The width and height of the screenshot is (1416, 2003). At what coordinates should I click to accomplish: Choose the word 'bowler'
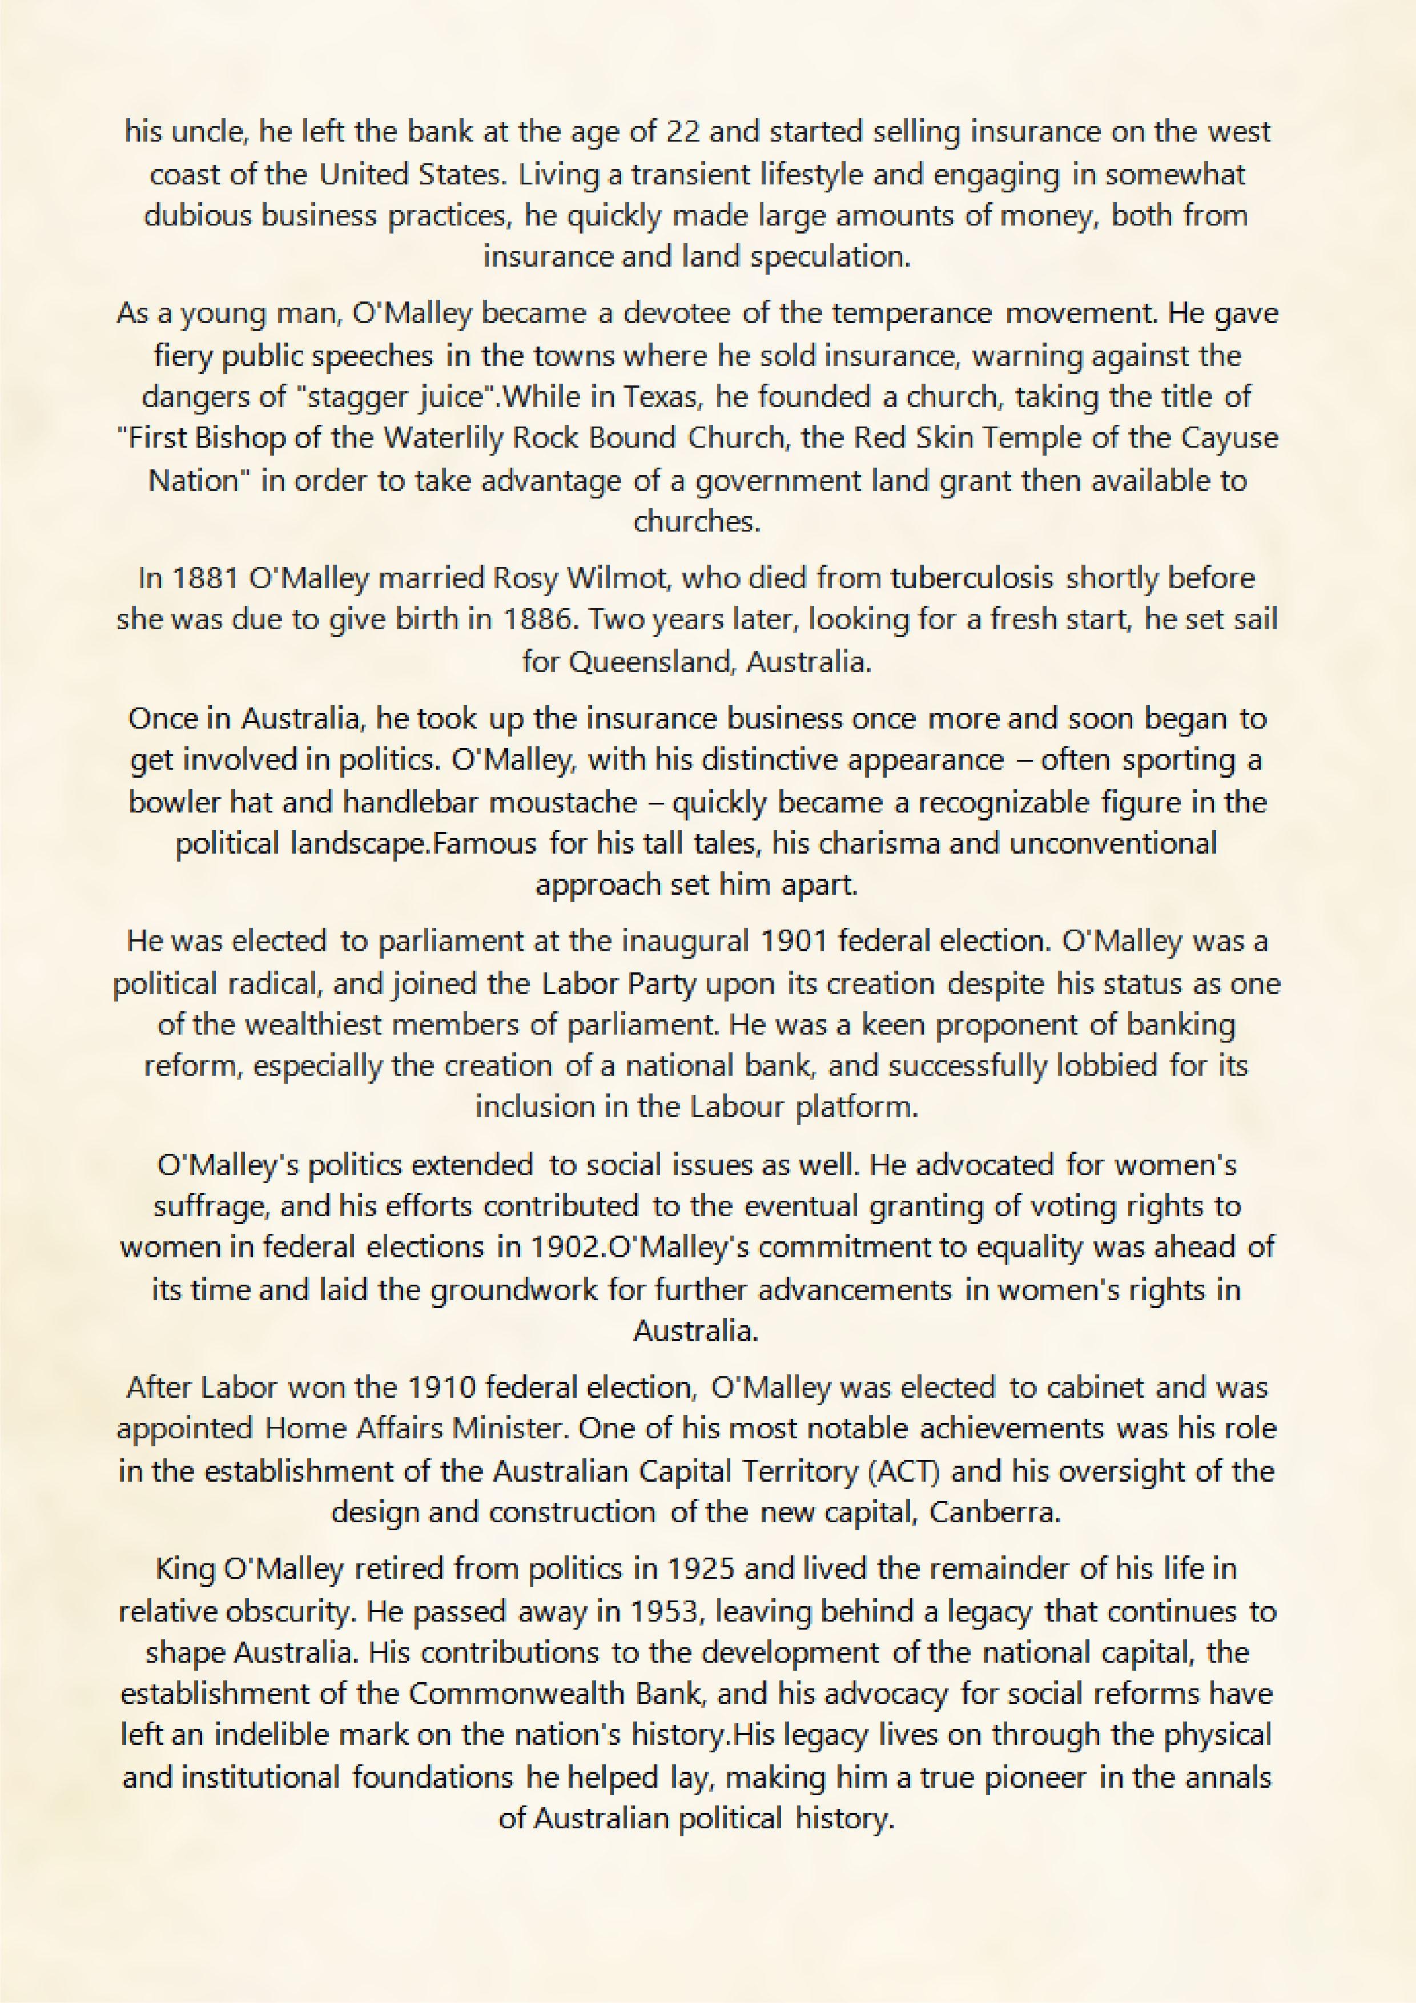click(x=169, y=801)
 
